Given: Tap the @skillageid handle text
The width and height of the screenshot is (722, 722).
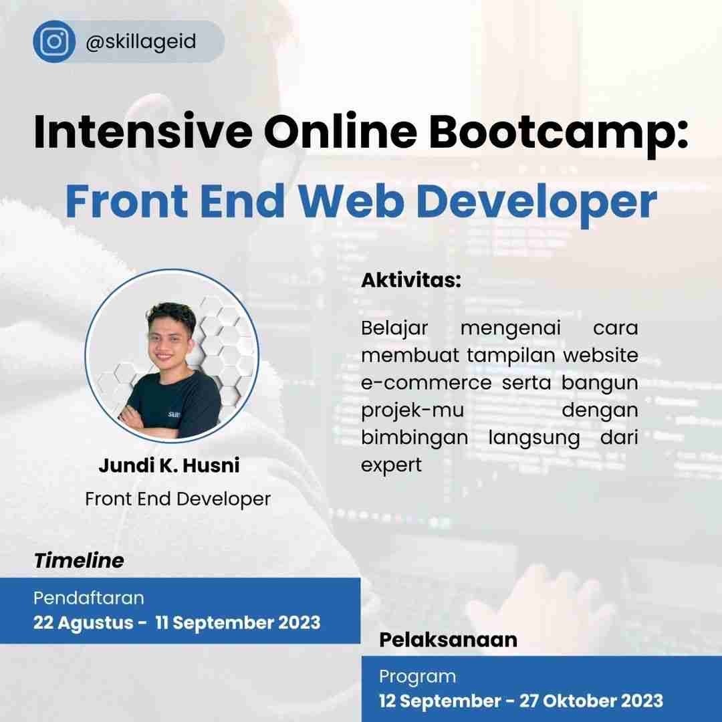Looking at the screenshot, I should tap(140, 42).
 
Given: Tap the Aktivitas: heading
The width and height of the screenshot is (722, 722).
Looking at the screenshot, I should tap(411, 280).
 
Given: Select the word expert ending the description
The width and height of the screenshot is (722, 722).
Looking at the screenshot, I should tap(392, 465).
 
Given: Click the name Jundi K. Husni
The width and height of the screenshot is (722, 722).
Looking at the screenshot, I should tap(169, 465).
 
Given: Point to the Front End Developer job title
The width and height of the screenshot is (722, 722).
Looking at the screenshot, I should tap(178, 499).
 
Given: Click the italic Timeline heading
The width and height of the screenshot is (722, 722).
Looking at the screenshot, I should tap(79, 560).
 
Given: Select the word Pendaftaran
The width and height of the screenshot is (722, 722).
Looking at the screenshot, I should tap(89, 597).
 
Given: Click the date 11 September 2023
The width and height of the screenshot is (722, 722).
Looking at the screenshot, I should tap(237, 622).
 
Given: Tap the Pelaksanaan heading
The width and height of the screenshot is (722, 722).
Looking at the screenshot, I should tap(448, 640).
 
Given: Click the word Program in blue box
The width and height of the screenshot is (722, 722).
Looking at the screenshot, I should tap(418, 676).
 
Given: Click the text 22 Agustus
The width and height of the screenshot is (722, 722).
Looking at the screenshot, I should tap(84, 622).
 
